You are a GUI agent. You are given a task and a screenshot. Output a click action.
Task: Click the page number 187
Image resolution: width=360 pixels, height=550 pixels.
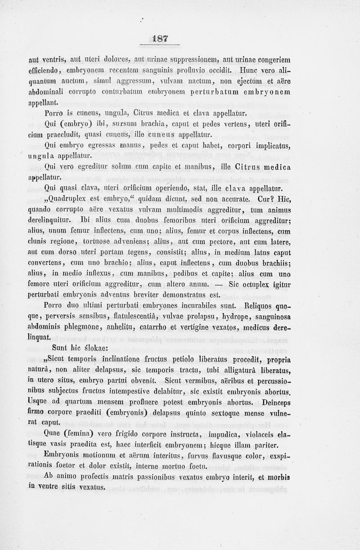pyautogui.click(x=160, y=39)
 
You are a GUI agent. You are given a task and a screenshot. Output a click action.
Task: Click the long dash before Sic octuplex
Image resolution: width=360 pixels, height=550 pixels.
pyautogui.click(x=220, y=285)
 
